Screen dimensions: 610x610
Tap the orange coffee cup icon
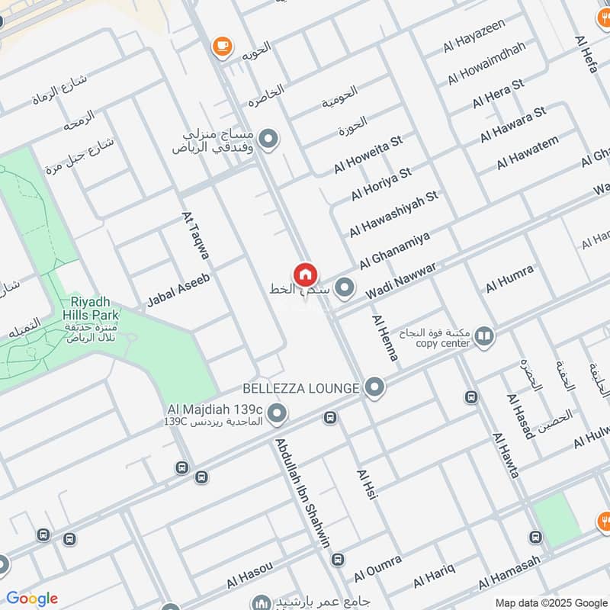click(222, 47)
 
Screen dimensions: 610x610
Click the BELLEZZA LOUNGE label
click(300, 388)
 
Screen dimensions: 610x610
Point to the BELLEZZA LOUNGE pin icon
click(374, 388)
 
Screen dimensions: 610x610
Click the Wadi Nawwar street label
click(400, 282)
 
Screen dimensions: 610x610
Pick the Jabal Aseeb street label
click(178, 290)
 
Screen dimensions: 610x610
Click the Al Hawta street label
click(506, 455)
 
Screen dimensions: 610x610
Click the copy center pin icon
click(483, 335)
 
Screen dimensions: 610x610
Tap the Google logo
click(31, 599)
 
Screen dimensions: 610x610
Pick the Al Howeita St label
click(368, 155)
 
